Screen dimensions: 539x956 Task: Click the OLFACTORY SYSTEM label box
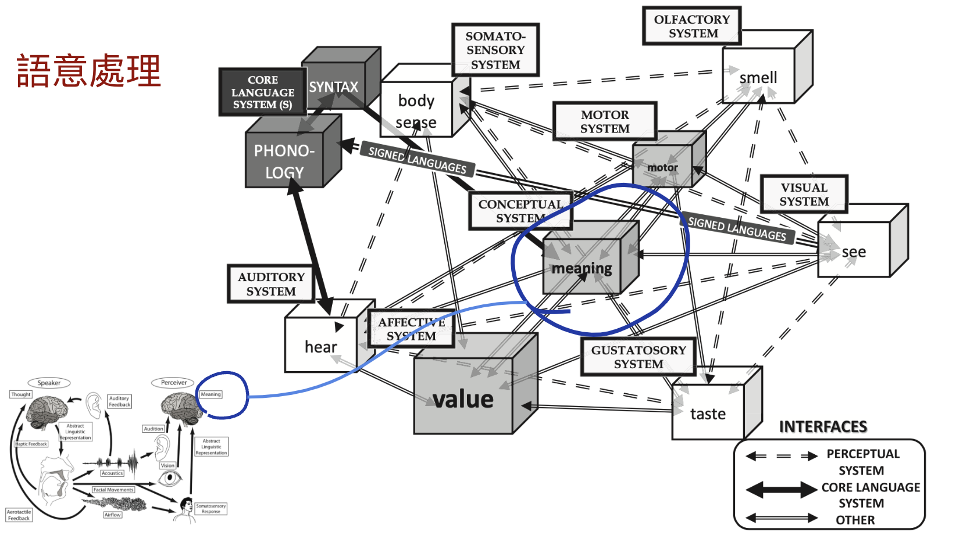pyautogui.click(x=691, y=26)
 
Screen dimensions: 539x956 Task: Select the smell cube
pyautogui.click(x=758, y=77)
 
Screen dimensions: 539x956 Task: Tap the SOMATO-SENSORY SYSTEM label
pyautogui.click(x=495, y=50)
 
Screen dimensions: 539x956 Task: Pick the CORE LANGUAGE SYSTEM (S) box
pyautogui.click(x=263, y=92)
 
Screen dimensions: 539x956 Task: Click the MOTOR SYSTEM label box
pyautogui.click(x=605, y=121)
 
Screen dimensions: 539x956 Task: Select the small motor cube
pyautogui.click(x=663, y=167)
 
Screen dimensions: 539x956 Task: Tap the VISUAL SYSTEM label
pyautogui.click(x=804, y=194)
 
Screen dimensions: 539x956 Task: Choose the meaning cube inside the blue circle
pyautogui.click(x=582, y=267)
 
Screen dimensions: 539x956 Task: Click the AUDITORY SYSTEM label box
pyautogui.click(x=271, y=284)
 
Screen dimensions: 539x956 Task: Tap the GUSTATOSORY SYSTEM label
pyautogui.click(x=638, y=357)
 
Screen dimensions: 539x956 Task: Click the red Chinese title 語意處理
pyautogui.click(x=89, y=71)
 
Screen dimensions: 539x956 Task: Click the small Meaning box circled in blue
pyautogui.click(x=211, y=394)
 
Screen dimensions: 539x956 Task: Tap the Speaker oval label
pyautogui.click(x=49, y=383)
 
